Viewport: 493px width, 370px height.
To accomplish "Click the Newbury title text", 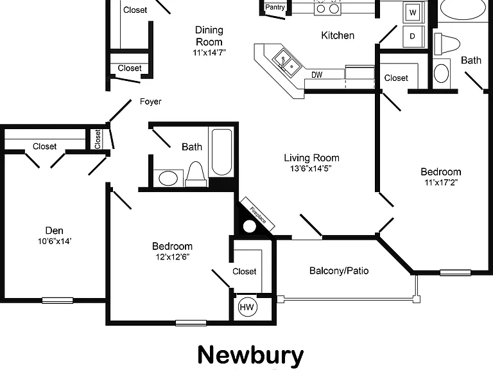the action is point(250,355).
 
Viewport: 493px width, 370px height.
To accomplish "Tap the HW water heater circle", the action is point(247,307).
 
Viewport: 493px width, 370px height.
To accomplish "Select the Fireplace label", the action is point(258,215).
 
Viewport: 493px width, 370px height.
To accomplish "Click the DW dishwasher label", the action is point(317,75).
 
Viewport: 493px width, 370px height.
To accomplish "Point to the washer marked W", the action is point(413,12).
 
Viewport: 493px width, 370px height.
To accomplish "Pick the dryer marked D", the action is point(413,36).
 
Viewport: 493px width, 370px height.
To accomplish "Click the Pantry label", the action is point(275,7).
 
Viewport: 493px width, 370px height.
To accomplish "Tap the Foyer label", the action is point(151,101).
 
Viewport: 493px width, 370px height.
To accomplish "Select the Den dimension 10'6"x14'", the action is point(55,242).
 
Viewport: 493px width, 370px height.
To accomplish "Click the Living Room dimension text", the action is point(311,168).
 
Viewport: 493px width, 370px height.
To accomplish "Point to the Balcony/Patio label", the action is point(339,270).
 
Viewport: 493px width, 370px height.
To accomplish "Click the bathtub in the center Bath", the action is point(221,152).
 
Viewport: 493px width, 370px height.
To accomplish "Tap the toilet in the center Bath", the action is point(196,175).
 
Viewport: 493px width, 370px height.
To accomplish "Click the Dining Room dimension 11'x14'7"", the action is point(209,53).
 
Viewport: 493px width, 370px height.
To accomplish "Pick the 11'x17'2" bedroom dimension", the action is point(441,182).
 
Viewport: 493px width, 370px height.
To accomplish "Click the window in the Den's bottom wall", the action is point(58,301).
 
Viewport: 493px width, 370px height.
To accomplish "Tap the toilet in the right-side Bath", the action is point(447,44).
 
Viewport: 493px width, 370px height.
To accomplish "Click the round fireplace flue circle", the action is point(249,226).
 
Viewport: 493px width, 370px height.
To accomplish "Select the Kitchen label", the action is point(338,35).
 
